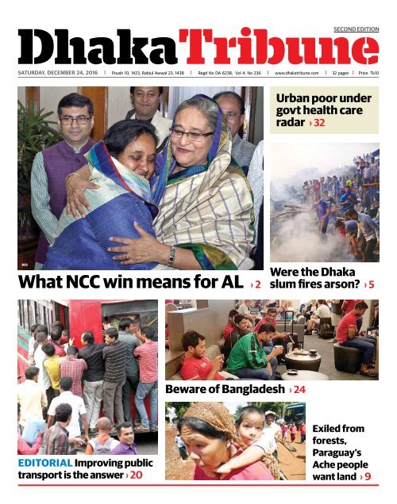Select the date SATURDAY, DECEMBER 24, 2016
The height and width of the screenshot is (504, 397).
[x=59, y=71]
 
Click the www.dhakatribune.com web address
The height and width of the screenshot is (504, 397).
[x=296, y=71]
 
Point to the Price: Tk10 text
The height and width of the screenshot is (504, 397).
[x=368, y=71]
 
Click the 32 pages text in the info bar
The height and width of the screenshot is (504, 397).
[x=339, y=71]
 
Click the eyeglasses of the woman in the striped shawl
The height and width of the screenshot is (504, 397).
[x=191, y=135]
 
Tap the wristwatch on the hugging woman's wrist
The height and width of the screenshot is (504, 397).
[x=170, y=255]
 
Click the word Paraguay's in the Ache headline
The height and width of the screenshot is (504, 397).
[x=341, y=451]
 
